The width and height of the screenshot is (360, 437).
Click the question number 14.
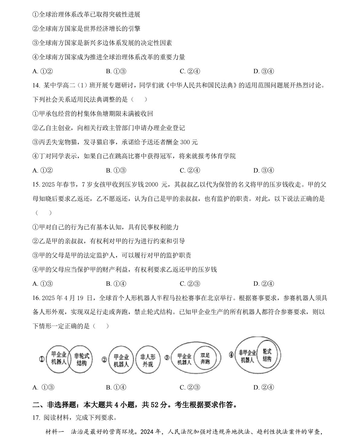coord(36,85)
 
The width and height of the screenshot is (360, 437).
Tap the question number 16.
coord(36,298)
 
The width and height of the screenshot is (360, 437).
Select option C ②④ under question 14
coord(190,171)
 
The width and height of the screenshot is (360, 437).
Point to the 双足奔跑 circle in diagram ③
coord(205,359)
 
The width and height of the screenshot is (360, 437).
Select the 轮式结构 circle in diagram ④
coord(267,355)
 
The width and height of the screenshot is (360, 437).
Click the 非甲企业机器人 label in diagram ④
coord(247,356)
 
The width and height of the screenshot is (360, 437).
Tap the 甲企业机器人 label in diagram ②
coord(121,361)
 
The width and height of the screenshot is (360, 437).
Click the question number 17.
coord(36,418)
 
